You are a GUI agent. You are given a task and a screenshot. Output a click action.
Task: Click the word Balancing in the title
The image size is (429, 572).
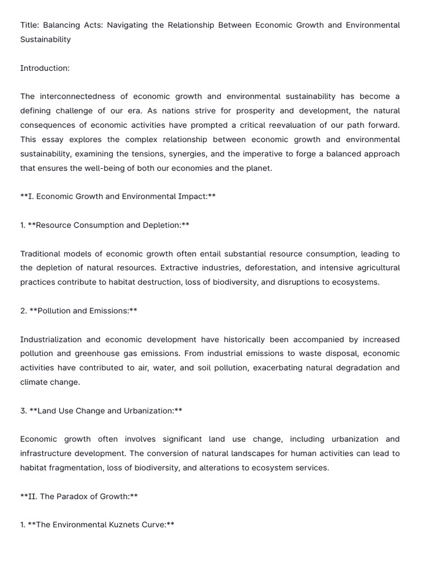pos(61,25)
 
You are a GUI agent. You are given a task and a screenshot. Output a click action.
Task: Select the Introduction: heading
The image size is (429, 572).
pos(45,68)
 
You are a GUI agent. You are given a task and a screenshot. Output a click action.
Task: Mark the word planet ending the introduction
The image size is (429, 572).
pos(256,168)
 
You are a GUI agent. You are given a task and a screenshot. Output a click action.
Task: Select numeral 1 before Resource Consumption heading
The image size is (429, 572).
pos(22,225)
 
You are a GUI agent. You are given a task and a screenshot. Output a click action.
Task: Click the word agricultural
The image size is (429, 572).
pos(376,268)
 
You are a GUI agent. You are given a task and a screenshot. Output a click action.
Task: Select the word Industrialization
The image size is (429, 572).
pos(53,340)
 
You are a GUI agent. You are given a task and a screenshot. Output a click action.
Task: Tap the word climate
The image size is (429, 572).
pos(34,382)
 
